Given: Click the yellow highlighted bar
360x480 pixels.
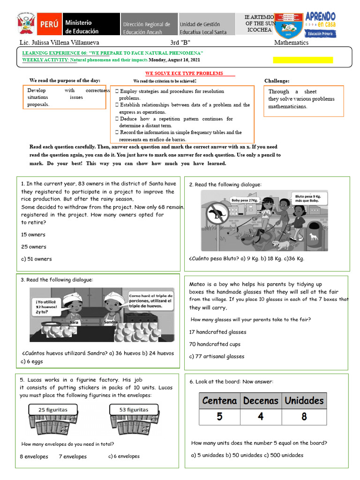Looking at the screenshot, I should tap(303, 60).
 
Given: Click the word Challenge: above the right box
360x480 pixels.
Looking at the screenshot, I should tap(277, 81).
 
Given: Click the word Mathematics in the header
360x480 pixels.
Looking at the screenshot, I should tap(291, 43).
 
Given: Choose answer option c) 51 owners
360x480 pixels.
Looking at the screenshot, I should tap(37, 259).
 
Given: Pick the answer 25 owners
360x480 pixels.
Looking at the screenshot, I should tap(34, 247).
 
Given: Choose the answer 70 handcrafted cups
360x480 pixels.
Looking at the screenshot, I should tap(215, 344).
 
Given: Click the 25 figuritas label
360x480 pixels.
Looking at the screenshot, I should tap(52, 410).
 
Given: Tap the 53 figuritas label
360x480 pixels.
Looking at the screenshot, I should tap(134, 410).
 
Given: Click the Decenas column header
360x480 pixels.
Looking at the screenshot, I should tap(261, 401).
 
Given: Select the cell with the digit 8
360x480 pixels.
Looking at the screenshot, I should tap(304, 416).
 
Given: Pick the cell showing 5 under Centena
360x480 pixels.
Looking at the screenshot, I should tap(219, 416).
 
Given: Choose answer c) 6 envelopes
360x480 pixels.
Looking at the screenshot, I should tap(124, 456).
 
